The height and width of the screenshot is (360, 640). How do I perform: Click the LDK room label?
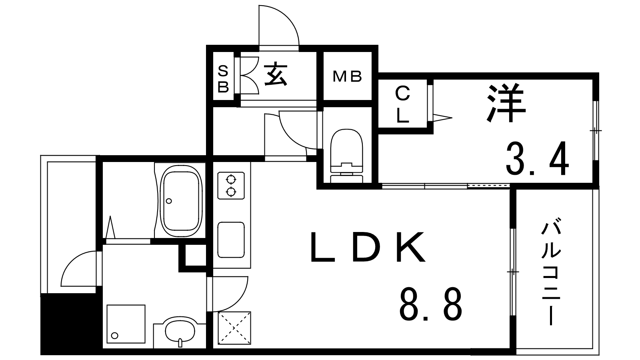pyautogui.click(x=368, y=248)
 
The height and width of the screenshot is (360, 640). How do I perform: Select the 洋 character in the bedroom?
pyautogui.click(x=506, y=104)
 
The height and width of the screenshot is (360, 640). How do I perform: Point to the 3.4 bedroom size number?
pyautogui.click(x=538, y=158)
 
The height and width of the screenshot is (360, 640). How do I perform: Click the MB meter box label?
pyautogui.click(x=348, y=76)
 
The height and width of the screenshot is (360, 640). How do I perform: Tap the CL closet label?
pyautogui.click(x=402, y=105)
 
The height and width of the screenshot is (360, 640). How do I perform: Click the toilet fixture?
pyautogui.click(x=346, y=156)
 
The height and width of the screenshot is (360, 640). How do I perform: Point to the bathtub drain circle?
pyautogui.click(x=169, y=201)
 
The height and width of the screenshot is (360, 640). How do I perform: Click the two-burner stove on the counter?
pyautogui.click(x=231, y=186)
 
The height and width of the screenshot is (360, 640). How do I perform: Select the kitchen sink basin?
pyautogui.click(x=231, y=240)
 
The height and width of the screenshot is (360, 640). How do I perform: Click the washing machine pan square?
pyautogui.click(x=126, y=324)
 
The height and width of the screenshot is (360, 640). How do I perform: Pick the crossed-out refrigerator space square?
pyautogui.click(x=234, y=328)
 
